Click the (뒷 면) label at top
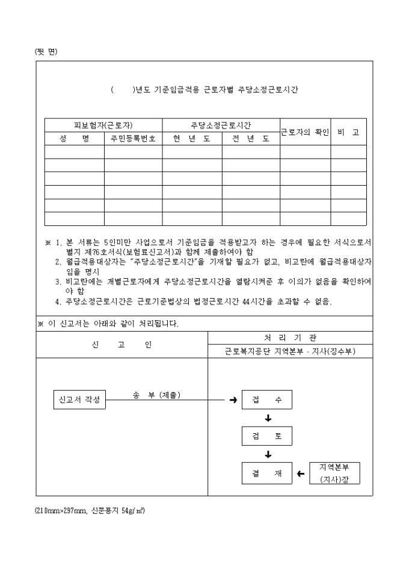(46, 51)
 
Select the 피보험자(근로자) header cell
(103, 126)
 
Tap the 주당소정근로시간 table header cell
(221, 126)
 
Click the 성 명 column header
(74, 139)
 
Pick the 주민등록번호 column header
(133, 139)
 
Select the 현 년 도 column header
(191, 139)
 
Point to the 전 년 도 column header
(250, 139)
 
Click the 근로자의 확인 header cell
(304, 132)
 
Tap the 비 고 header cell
(348, 132)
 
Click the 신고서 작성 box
(79, 400)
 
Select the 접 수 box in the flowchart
(267, 400)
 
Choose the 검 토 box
(267, 436)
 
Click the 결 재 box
(267, 473)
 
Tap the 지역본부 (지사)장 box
(335, 473)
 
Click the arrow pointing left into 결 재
(301, 474)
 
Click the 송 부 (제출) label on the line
(156, 395)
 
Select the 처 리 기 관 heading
(290, 338)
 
